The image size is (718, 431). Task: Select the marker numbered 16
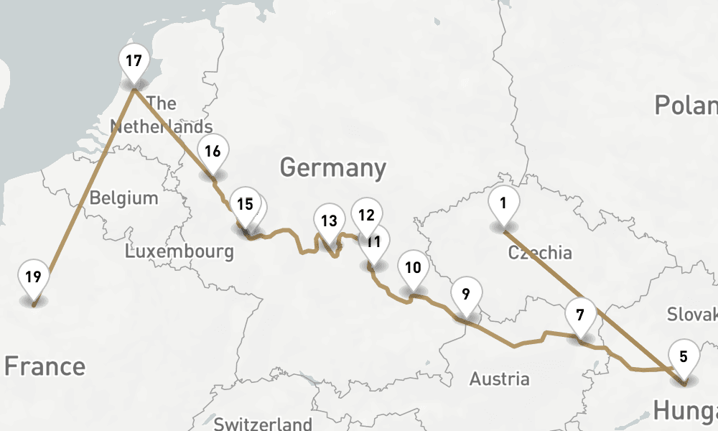tap(212, 152)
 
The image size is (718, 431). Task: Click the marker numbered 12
tap(366, 215)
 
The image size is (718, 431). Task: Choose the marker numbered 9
tap(466, 295)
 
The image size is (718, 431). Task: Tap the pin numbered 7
tap(580, 315)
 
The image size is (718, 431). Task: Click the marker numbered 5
tap(683, 356)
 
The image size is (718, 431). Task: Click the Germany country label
tap(333, 168)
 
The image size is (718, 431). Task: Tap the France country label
tap(45, 366)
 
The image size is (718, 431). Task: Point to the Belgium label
tap(123, 198)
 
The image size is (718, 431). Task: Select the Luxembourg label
tap(179, 251)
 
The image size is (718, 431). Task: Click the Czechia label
tap(540, 252)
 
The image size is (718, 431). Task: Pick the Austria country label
tap(499, 379)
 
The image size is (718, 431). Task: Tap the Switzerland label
tap(263, 423)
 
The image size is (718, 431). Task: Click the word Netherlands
tap(162, 127)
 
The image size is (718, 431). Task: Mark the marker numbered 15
tap(244, 205)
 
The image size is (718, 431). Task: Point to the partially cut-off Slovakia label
tap(692, 314)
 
